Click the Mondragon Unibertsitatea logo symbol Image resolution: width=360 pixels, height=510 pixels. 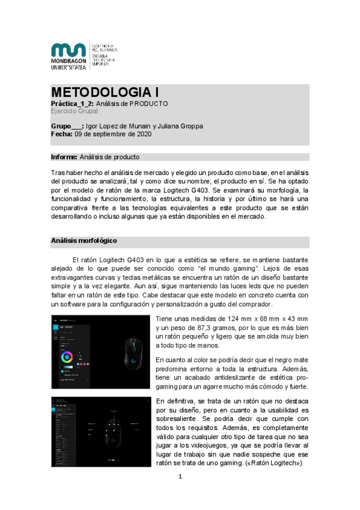coord(68,51)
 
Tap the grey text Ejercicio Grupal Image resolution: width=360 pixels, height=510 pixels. coord(75,111)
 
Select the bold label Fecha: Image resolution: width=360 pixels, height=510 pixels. coord(61,135)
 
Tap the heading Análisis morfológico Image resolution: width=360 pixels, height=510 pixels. coord(84,241)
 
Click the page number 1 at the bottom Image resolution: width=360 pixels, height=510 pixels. coord(179,477)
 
